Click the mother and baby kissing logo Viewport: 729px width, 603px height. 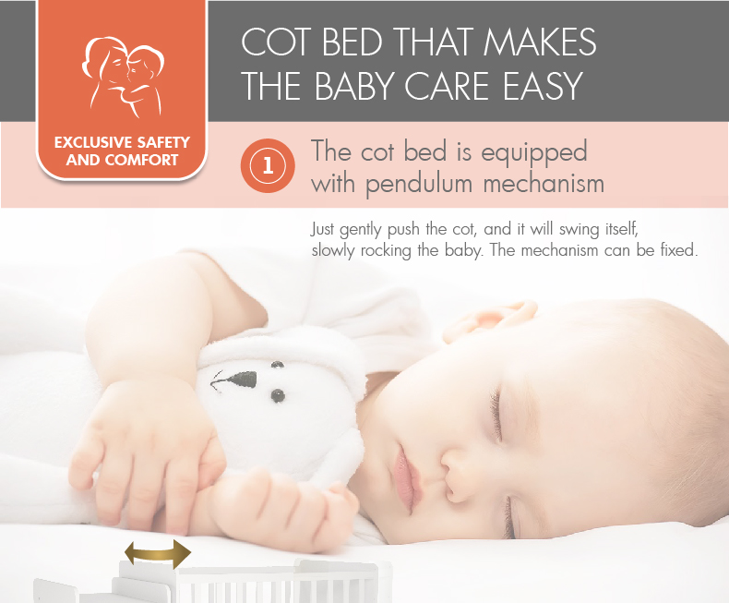coord(123,77)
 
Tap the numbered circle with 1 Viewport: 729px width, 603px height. coord(268,165)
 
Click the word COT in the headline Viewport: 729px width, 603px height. coord(275,42)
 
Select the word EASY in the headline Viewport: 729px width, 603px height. coord(543,86)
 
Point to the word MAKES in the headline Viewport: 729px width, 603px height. coord(539,42)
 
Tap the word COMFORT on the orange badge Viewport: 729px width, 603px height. coord(141,160)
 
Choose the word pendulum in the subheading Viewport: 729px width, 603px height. coord(418,185)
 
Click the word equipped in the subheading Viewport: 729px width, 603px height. coord(533,153)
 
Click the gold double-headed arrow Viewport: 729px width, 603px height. coord(158,554)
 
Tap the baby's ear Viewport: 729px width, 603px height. coord(491,320)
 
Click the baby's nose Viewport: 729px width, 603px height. coord(458,479)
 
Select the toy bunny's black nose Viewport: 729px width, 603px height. coord(240,380)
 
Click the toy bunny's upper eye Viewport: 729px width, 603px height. coord(278,365)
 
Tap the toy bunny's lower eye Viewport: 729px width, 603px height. coord(278,396)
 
